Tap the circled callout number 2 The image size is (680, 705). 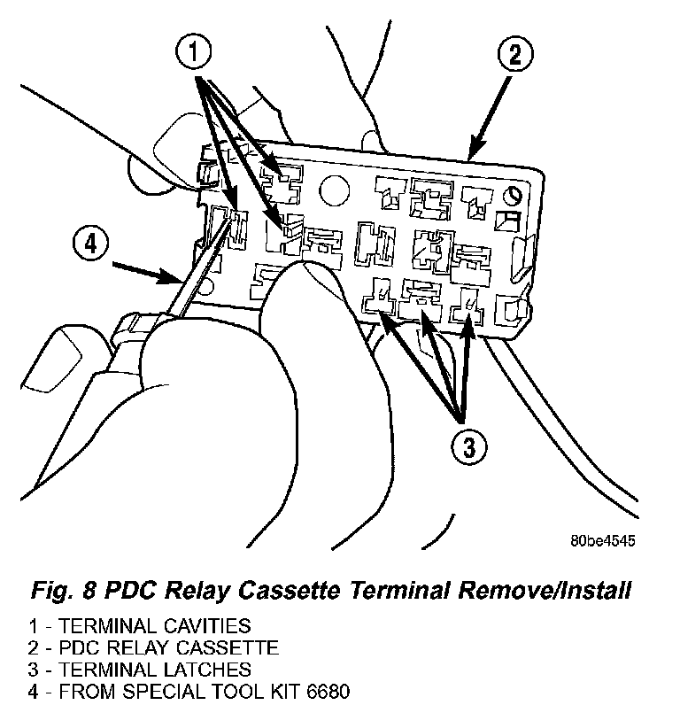[x=513, y=55]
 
